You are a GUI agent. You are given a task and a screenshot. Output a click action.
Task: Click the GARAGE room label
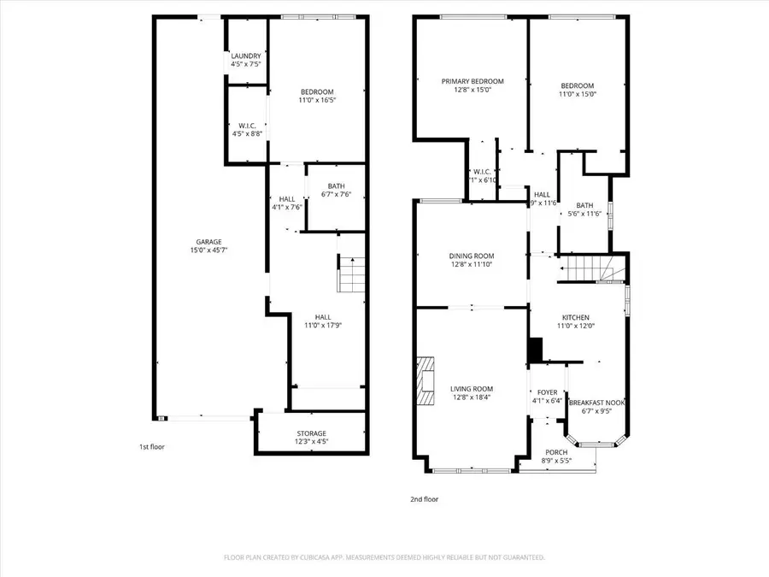(208, 246)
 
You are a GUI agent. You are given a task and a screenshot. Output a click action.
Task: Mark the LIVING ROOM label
(472, 393)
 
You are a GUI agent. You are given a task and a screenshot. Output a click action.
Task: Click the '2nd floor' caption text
(424, 499)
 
